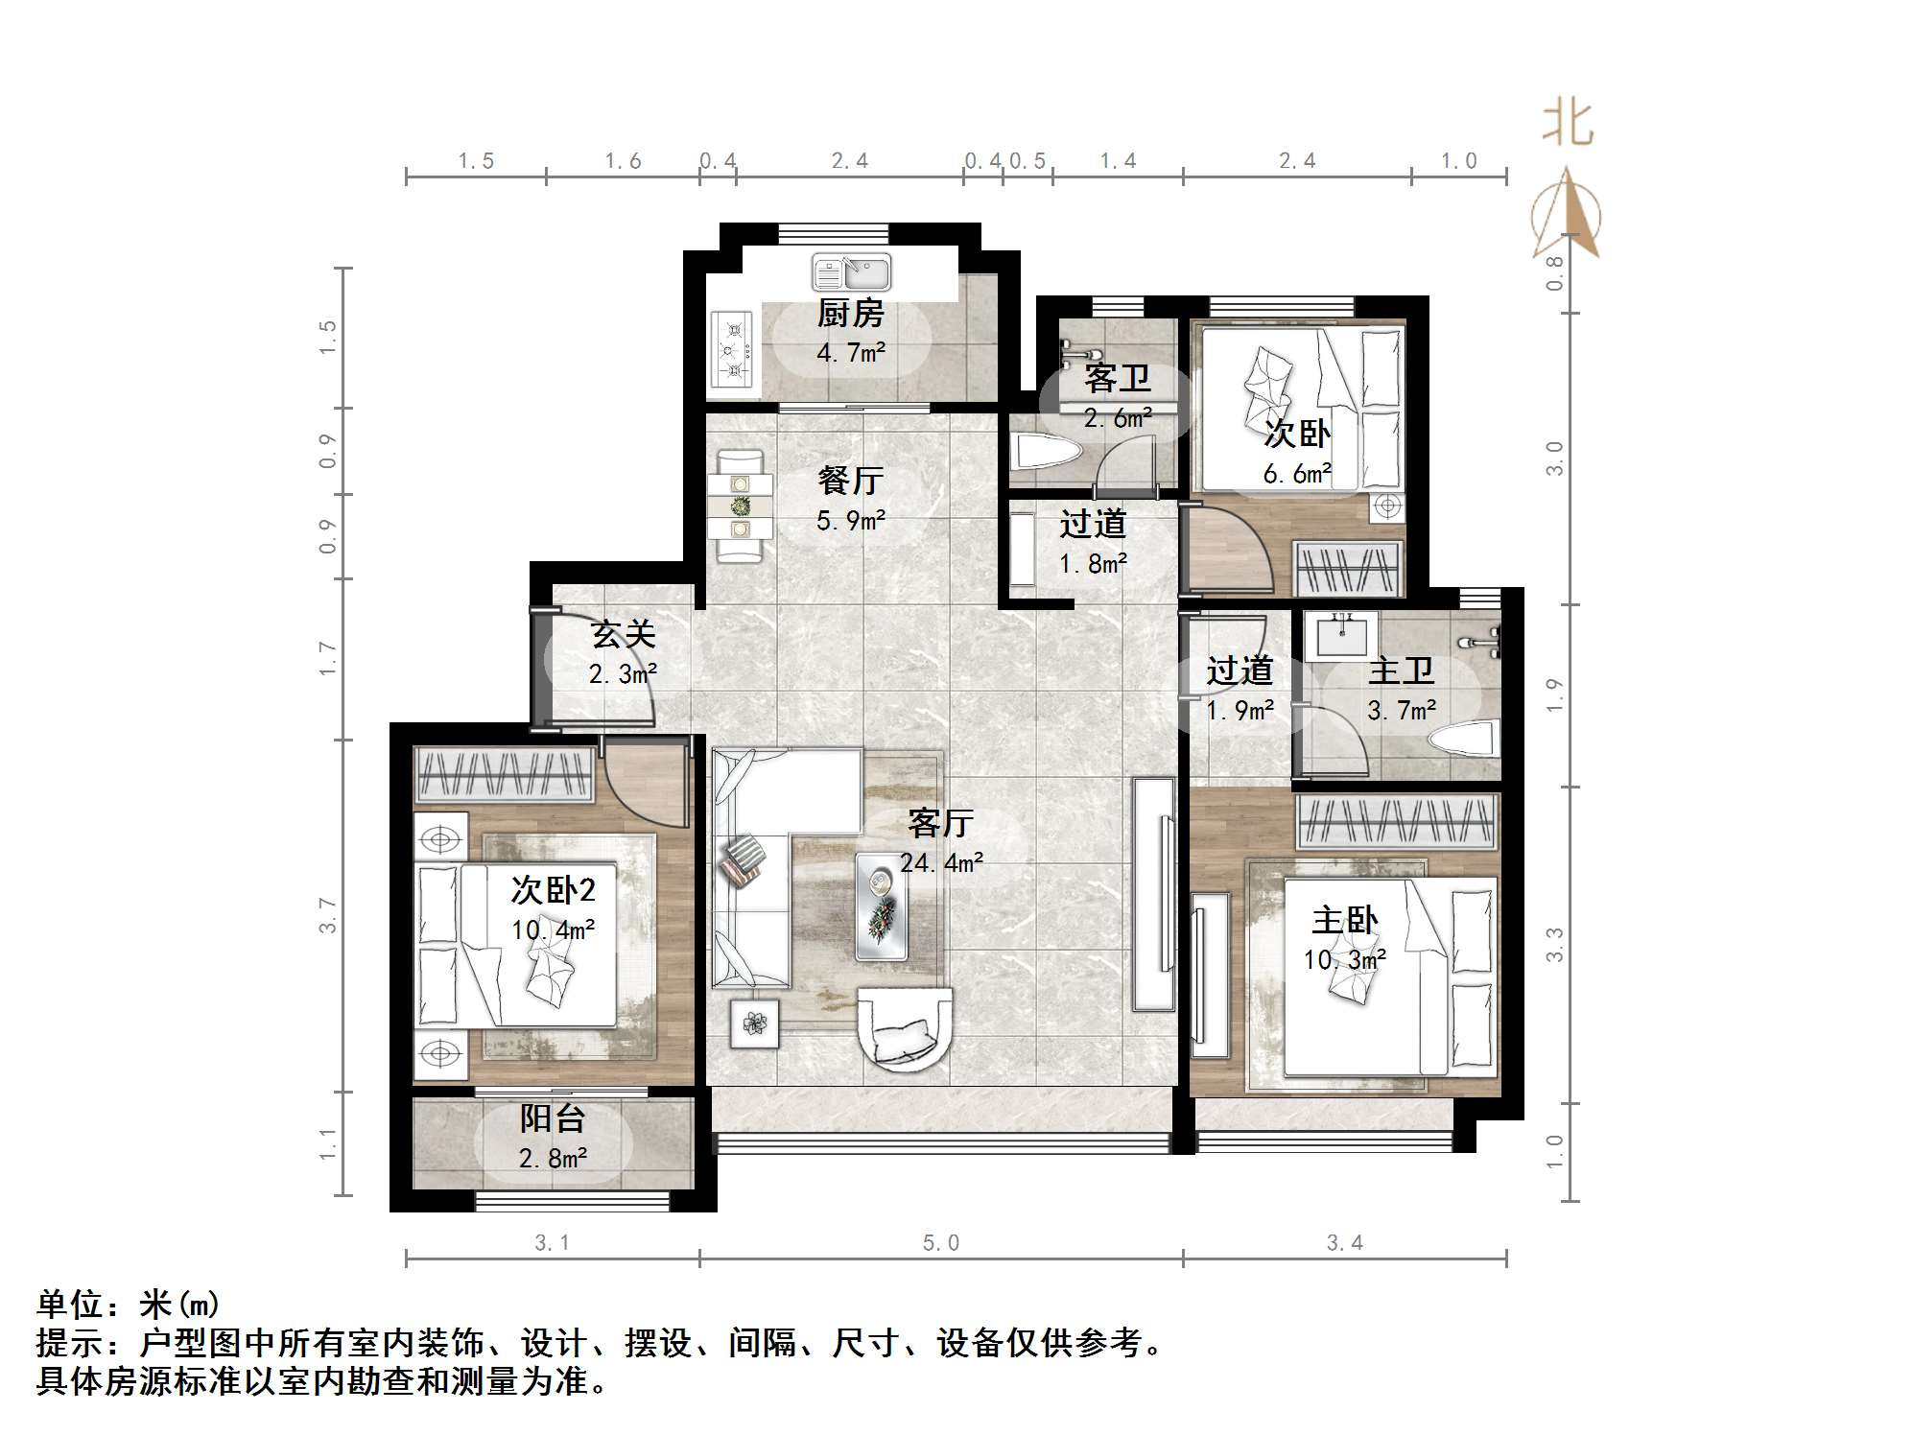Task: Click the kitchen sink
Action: pos(851,271)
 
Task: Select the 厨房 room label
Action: pos(850,313)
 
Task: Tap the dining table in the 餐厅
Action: pos(739,506)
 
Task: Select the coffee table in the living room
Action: pos(881,906)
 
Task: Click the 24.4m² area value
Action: pos(940,863)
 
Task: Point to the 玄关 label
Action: pos(623,634)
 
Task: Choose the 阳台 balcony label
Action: pos(553,1118)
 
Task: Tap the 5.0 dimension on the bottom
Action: pos(940,1243)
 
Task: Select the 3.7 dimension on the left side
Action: pos(329,915)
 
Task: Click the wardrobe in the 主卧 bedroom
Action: pos(1396,821)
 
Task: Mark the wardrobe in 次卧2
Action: pos(504,773)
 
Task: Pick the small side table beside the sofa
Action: pos(754,1023)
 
